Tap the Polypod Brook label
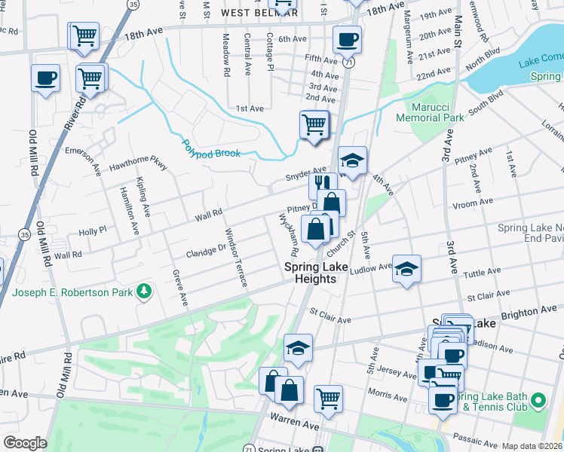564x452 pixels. [211, 148]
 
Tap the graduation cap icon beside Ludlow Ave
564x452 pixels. [406, 269]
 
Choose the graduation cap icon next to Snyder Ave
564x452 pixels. [352, 160]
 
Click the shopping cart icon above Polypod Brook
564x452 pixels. [314, 124]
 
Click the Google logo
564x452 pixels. [25, 443]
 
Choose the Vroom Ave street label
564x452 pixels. [474, 202]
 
